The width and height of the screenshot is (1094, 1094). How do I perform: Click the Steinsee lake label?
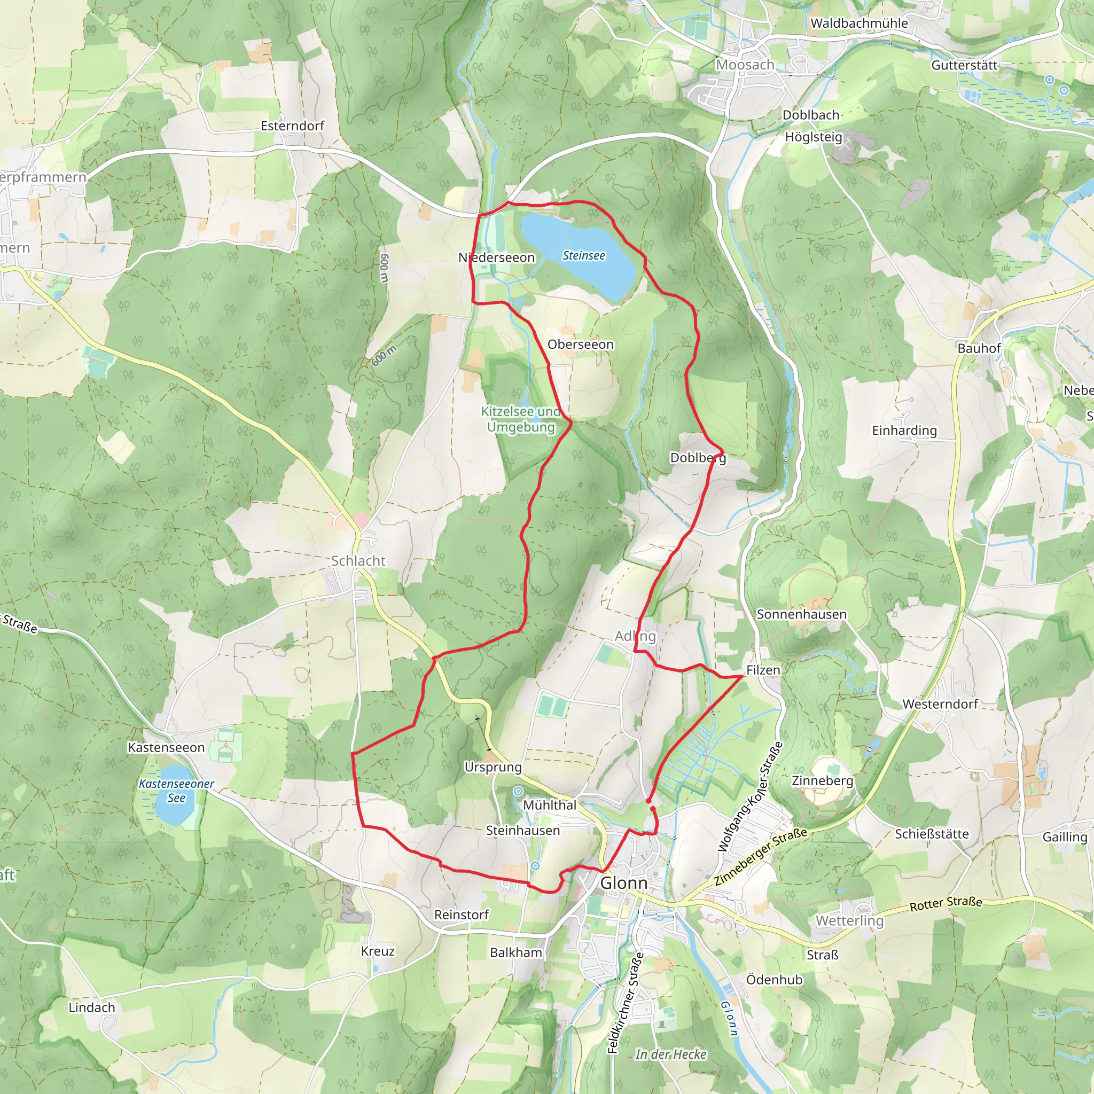583,256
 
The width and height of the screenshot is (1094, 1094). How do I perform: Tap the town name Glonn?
623,883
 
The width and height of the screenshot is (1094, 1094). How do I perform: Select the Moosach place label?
745,65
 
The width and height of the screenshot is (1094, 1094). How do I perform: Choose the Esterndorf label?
292,126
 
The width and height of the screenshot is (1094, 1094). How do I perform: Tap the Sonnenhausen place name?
801,614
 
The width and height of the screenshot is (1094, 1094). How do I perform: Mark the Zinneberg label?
822,781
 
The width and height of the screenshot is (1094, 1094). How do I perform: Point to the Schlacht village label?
358,560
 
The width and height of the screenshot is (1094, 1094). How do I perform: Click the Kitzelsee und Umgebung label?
520,419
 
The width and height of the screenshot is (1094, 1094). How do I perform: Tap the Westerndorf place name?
940,704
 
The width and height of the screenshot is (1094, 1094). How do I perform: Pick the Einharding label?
904,431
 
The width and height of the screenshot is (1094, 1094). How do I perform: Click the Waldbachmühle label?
859,23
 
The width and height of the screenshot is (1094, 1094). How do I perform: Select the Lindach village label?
92,1007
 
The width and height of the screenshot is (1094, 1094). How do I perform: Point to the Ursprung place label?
493,767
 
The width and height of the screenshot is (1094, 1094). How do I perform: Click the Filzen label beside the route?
763,670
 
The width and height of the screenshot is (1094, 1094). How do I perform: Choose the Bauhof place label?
979,348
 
